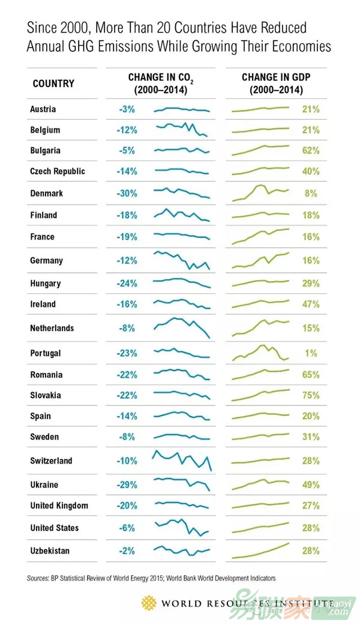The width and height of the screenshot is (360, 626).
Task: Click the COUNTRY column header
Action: [53, 83]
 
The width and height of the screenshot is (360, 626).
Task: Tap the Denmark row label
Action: [46, 194]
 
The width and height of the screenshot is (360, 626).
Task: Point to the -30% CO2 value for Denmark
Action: [128, 194]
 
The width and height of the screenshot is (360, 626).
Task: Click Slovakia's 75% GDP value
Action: [311, 395]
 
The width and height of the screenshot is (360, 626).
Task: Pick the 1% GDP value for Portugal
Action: [311, 353]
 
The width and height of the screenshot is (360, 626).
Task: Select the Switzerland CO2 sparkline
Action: [182, 461]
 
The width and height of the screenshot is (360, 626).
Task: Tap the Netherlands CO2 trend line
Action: [182, 327]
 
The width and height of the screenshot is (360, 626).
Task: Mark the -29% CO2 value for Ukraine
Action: [128, 484]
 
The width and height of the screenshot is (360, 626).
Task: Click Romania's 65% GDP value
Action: [311, 375]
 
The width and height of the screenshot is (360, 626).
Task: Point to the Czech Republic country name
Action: [58, 171]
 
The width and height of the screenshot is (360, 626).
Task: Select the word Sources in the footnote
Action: [38, 579]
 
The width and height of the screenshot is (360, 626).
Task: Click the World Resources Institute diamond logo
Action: [148, 602]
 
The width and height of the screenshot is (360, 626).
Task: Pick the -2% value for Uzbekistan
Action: [128, 550]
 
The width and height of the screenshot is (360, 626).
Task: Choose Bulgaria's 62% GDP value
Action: [311, 151]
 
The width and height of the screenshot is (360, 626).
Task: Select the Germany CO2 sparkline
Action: [182, 260]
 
